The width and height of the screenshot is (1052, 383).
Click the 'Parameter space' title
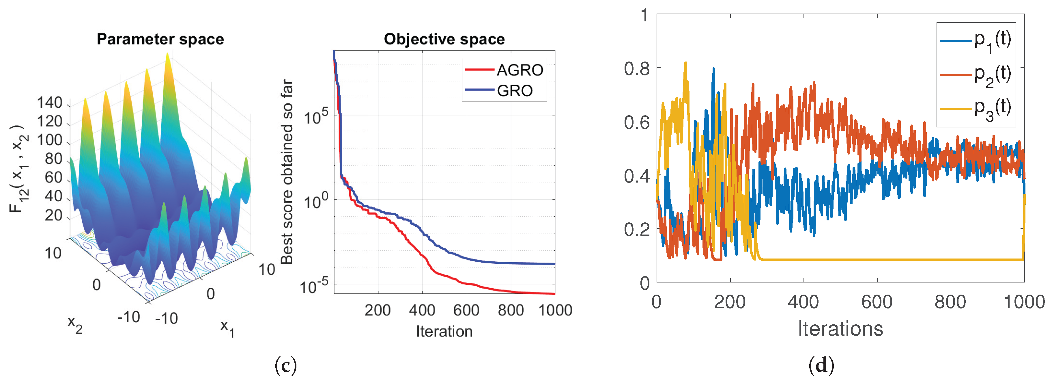pyautogui.click(x=160, y=39)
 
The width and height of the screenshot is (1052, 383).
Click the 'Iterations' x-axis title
pyautogui.click(x=840, y=329)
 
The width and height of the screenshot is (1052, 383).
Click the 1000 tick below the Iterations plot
pyautogui.click(x=1024, y=302)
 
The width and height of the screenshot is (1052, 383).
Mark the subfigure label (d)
pyautogui.click(x=821, y=365)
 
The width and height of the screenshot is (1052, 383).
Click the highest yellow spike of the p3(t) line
pyautogui.click(x=686, y=63)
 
